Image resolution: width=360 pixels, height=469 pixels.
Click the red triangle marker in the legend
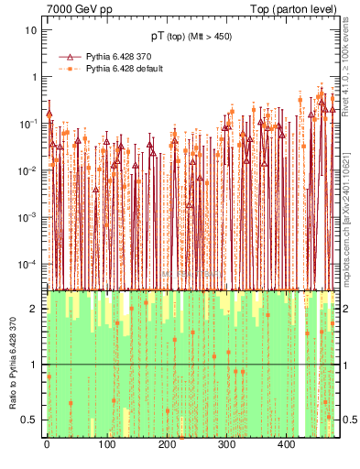[70, 57]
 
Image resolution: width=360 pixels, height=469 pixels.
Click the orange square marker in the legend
[70, 69]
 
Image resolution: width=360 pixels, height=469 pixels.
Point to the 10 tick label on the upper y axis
[31, 29]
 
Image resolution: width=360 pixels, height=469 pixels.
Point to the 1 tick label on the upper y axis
[34, 76]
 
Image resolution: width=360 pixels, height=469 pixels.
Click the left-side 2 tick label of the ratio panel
[35, 309]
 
